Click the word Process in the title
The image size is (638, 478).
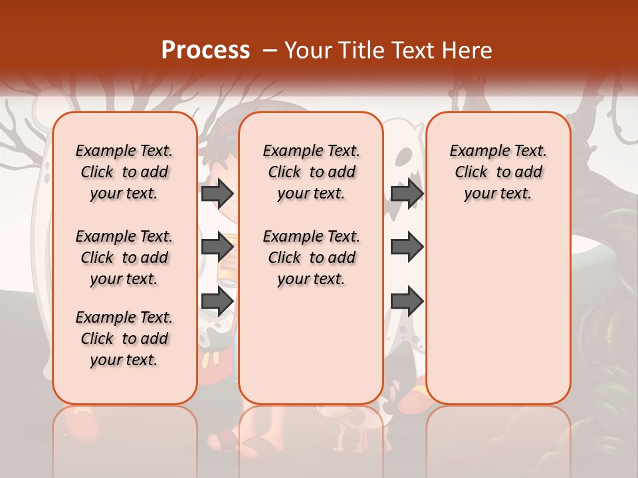(205, 50)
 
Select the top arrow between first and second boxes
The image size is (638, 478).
(217, 194)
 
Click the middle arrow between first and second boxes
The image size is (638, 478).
(217, 247)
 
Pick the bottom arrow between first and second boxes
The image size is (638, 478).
(217, 301)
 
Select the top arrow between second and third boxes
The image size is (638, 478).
(407, 194)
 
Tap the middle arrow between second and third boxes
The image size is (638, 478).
(407, 247)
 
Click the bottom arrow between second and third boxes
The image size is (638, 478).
(407, 301)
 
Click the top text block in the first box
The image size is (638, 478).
(124, 172)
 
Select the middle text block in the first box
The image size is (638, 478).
(124, 258)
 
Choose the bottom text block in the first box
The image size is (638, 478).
(124, 339)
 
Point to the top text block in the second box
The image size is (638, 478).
(311, 172)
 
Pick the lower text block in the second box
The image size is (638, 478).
(311, 258)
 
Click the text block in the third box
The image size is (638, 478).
(498, 172)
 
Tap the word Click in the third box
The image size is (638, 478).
(471, 173)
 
